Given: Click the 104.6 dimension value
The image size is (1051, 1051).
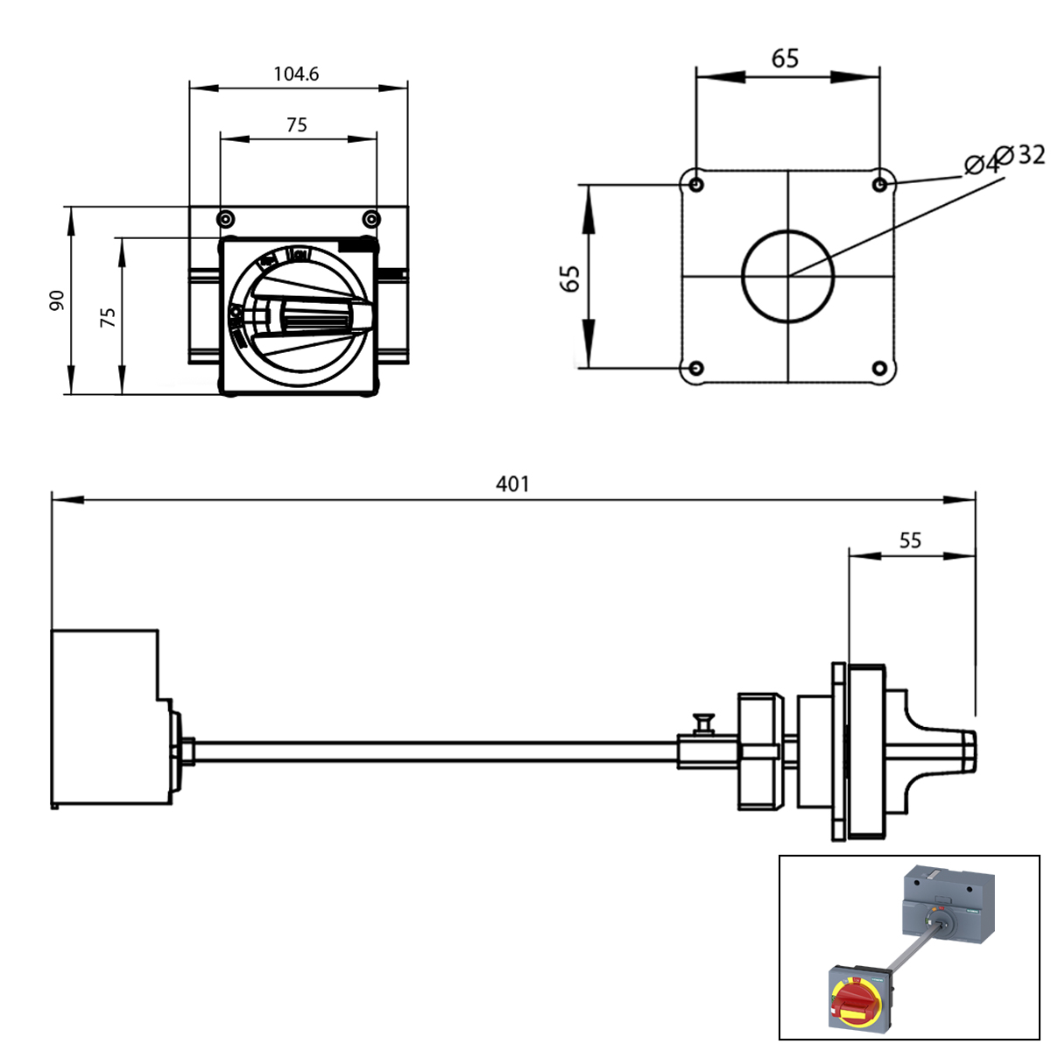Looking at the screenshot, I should tap(296, 74).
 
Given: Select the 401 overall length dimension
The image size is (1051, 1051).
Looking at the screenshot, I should tap(512, 484).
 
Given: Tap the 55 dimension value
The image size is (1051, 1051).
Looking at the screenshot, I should tap(910, 540).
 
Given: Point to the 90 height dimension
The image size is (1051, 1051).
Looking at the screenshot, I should tap(57, 301).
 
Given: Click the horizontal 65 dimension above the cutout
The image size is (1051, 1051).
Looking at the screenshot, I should tap(785, 59).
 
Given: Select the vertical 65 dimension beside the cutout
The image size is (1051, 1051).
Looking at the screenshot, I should tap(570, 279).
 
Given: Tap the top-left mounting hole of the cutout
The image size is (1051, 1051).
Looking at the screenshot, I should tap(696, 185).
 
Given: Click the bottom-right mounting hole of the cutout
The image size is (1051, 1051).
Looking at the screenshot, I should tap(880, 368).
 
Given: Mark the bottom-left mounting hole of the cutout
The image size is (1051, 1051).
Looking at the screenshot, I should tap(696, 368).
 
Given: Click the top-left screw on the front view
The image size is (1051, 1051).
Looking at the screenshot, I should tap(225, 218).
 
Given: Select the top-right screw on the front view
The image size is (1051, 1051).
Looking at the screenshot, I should tap(371, 218).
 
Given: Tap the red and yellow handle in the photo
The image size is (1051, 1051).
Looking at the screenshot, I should tap(853, 1001).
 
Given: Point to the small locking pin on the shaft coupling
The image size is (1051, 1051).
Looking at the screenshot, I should tap(702, 723).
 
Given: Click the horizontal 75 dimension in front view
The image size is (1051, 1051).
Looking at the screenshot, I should tap(297, 125).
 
